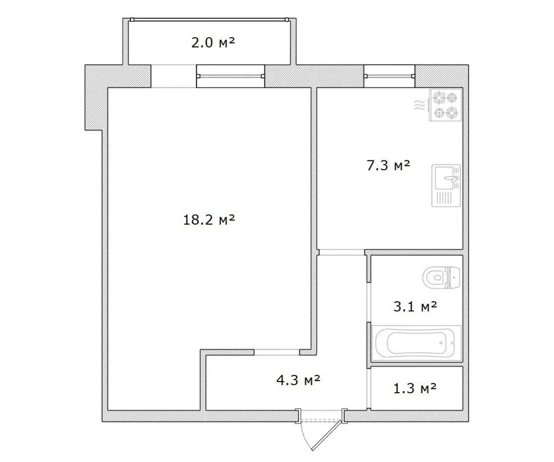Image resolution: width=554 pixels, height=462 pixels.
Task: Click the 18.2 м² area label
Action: pos(209,220)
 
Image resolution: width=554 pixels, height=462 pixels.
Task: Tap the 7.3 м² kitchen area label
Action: pos(388,165)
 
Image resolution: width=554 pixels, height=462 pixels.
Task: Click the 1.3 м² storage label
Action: pos(415,388)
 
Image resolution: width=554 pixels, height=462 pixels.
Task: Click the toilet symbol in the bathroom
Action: pos(441,276)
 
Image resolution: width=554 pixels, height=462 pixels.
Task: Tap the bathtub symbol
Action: pos(418,342)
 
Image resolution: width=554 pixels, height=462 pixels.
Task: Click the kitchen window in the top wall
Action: pos(389,76)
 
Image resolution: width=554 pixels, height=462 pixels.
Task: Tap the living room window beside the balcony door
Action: pos(230,77)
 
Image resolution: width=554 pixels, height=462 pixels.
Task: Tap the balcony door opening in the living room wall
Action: pos(173,76)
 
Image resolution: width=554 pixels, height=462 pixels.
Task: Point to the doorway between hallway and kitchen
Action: pos(341,253)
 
